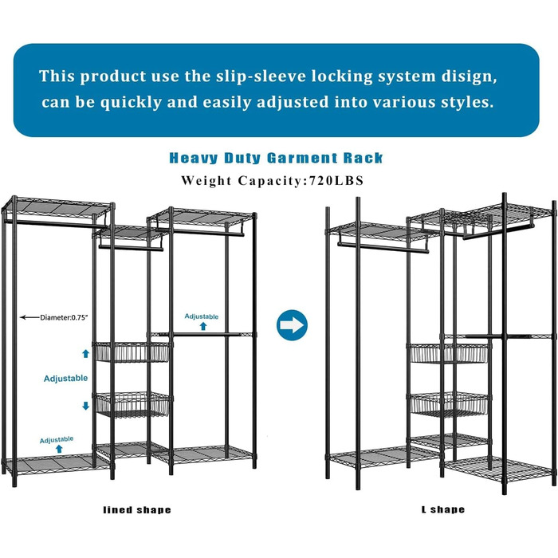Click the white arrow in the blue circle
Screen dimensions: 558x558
292,325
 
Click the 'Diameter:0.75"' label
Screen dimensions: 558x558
63,317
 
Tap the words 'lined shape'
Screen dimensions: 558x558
137,510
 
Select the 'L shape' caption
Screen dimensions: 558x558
443,509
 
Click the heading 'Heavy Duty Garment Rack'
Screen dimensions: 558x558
276,158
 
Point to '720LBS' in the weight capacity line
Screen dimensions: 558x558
336,180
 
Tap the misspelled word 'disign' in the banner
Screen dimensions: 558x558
469,77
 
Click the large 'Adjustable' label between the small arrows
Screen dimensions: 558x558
66,378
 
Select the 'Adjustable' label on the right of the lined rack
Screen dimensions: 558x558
202,316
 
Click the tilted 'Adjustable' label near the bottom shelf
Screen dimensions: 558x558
57,440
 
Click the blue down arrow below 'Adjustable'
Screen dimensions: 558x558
86,406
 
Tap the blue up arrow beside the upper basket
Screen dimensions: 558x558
86,353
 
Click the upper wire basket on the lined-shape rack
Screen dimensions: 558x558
132,352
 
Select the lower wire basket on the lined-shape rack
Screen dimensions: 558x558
133,404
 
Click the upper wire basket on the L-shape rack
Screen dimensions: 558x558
449,353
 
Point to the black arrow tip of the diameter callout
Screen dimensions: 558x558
21,317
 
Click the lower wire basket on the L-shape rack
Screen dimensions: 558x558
449,404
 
